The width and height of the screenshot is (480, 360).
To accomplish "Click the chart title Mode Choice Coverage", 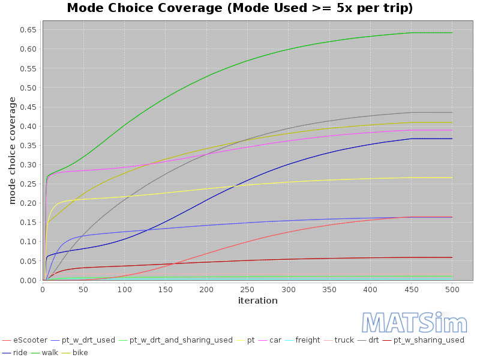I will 240,8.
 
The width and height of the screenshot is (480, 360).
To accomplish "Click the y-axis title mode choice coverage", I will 12,150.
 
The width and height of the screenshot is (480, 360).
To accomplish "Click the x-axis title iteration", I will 257,301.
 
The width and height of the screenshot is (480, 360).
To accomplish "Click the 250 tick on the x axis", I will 247,289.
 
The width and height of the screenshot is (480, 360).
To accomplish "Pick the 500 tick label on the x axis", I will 452,289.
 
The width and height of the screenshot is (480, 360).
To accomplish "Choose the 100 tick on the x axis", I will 124,289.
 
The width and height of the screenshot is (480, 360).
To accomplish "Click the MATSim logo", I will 414,323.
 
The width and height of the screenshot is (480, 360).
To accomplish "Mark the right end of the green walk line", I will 452,32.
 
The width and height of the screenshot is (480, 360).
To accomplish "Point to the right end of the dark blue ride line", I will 452,139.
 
